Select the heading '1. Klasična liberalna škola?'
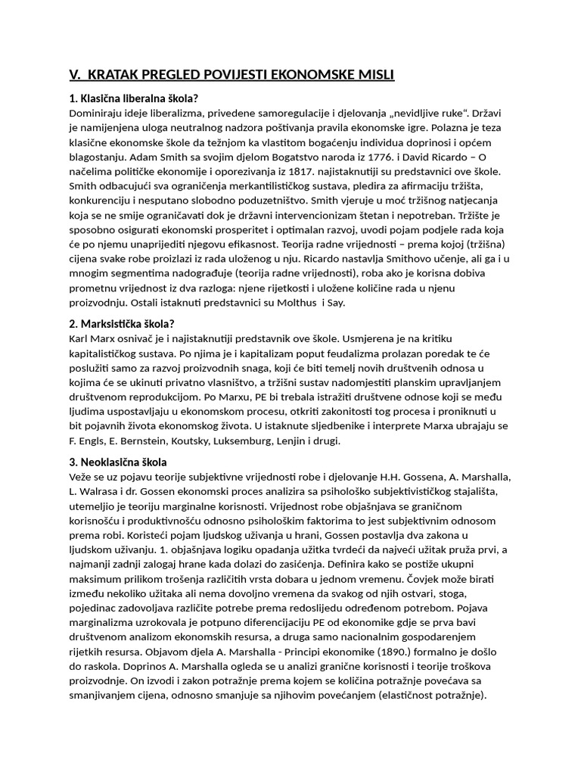pyautogui.click(x=134, y=98)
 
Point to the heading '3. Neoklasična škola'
pyautogui.click(x=118, y=462)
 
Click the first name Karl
pyautogui.click(x=80, y=338)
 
